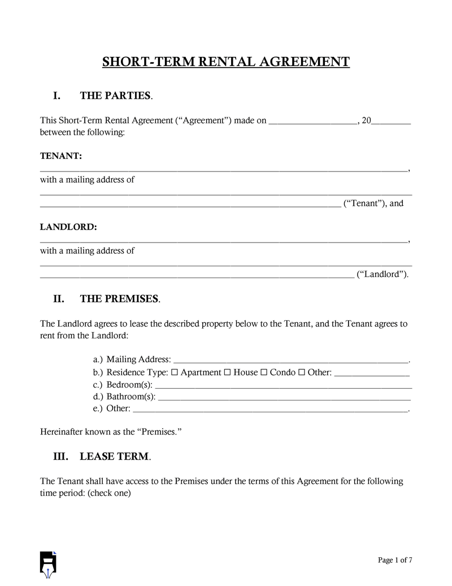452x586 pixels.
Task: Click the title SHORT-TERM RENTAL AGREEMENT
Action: point(226,61)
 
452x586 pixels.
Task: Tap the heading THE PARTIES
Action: point(116,96)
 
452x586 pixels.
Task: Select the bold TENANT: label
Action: point(61,156)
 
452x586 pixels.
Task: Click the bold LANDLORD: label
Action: point(68,227)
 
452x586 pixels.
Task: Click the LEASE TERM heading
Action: point(115,456)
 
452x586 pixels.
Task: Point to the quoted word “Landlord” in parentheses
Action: point(383,275)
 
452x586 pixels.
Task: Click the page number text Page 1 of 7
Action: point(395,560)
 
